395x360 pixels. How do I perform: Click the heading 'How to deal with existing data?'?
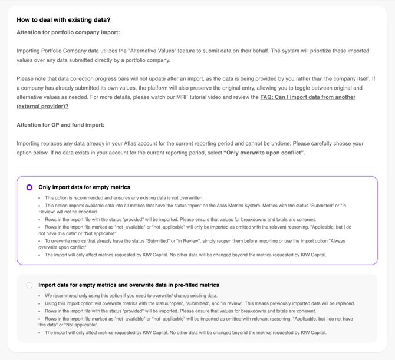coord(64,20)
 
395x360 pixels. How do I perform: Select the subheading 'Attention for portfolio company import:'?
coord(68,32)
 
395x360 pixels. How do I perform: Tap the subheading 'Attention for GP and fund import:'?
coord(61,125)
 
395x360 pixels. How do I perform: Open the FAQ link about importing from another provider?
coord(307,97)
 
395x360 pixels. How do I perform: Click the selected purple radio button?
coord(29,187)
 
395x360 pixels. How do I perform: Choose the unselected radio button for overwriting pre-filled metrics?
coord(29,285)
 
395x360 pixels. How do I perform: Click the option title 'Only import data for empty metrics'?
coord(84,187)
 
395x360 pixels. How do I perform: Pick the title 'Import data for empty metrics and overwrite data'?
coord(129,285)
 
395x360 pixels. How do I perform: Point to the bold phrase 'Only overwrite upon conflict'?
coord(264,153)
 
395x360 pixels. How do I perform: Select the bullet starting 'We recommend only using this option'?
coord(131,296)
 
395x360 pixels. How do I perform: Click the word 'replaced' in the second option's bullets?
coord(343,303)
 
